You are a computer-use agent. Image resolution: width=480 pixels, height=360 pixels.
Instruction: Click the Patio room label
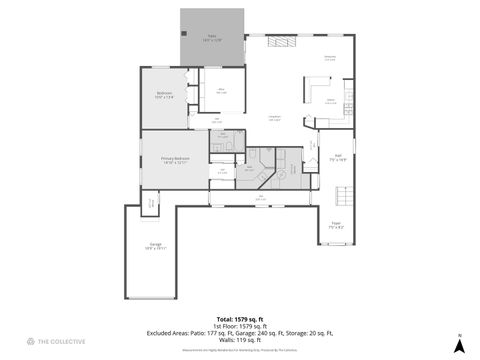[x=212, y=36]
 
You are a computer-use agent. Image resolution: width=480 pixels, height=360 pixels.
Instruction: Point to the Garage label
[x=155, y=243]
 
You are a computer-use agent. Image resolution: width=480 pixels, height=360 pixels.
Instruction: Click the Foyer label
[x=336, y=223]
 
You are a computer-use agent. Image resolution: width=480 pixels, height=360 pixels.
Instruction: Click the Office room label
[x=221, y=91]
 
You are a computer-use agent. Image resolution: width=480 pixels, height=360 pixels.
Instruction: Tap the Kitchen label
[x=330, y=100]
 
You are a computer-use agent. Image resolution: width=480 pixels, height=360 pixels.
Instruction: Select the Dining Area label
[x=329, y=58]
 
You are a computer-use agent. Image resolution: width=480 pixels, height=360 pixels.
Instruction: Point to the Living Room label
[x=274, y=119]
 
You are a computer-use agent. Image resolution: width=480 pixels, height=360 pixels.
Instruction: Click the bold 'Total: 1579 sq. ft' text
[x=239, y=319]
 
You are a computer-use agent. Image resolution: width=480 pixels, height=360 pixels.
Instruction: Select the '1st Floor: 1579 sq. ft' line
[x=239, y=326]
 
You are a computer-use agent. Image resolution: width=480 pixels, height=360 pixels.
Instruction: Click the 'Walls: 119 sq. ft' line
[x=239, y=339]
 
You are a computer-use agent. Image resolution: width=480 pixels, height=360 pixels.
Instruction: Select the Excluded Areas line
[x=239, y=333]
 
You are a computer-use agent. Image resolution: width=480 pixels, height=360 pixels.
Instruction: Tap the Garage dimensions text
[x=155, y=247]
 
